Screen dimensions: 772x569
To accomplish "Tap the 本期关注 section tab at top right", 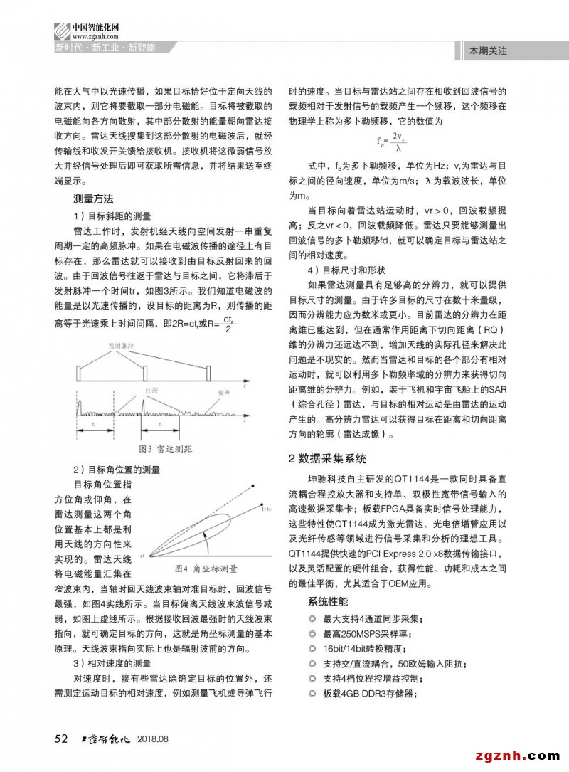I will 488,51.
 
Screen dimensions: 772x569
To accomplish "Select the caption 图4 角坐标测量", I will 206,569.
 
